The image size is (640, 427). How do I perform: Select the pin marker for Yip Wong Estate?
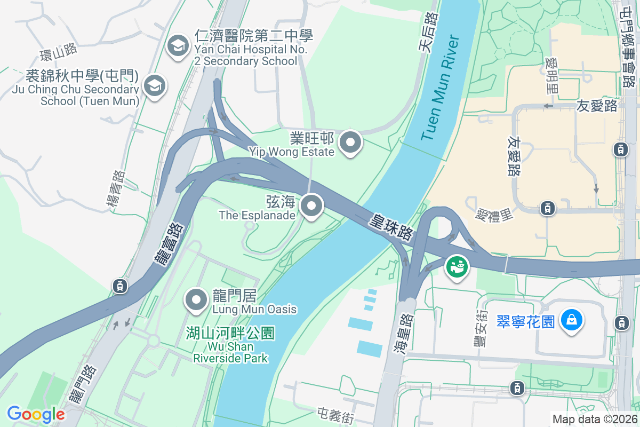350,143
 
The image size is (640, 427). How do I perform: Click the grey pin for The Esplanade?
311,205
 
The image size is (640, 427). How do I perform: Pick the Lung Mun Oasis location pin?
196,299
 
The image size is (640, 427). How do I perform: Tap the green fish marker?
457,265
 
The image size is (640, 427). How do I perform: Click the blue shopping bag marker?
571,321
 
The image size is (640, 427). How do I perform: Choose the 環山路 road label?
59,52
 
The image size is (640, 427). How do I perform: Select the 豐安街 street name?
479,328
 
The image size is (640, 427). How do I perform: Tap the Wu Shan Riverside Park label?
230,345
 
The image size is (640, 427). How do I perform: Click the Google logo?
36,414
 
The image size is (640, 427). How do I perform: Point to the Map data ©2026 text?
594,419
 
